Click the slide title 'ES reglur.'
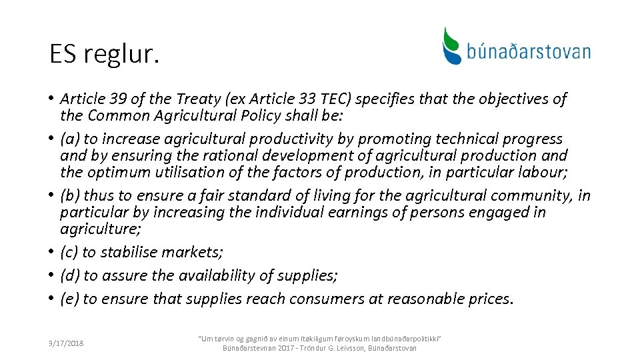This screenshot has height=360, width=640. coord(105,54)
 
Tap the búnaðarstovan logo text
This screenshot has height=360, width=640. coord(528,51)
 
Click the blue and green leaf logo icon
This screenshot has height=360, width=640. coord(452,45)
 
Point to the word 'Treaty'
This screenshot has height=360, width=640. coord(198,99)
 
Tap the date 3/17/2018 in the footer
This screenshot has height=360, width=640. coord(65,344)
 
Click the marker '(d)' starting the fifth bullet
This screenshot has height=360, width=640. coord(69,275)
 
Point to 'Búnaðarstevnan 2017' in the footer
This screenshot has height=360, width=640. coord(256,348)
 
